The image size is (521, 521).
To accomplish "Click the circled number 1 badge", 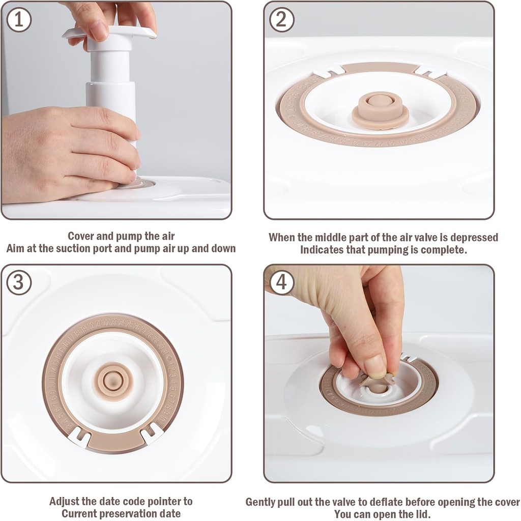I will (19, 20).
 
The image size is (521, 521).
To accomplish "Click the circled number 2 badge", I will (281, 20).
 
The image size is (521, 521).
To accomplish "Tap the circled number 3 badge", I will (19, 282).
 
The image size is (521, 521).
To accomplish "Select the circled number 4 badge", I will (281, 282).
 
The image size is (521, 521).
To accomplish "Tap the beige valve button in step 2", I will (380, 109).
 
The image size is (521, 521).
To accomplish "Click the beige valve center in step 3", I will (115, 381).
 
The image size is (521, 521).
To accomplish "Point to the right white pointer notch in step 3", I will (151, 433).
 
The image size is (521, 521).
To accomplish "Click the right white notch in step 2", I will (430, 72).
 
